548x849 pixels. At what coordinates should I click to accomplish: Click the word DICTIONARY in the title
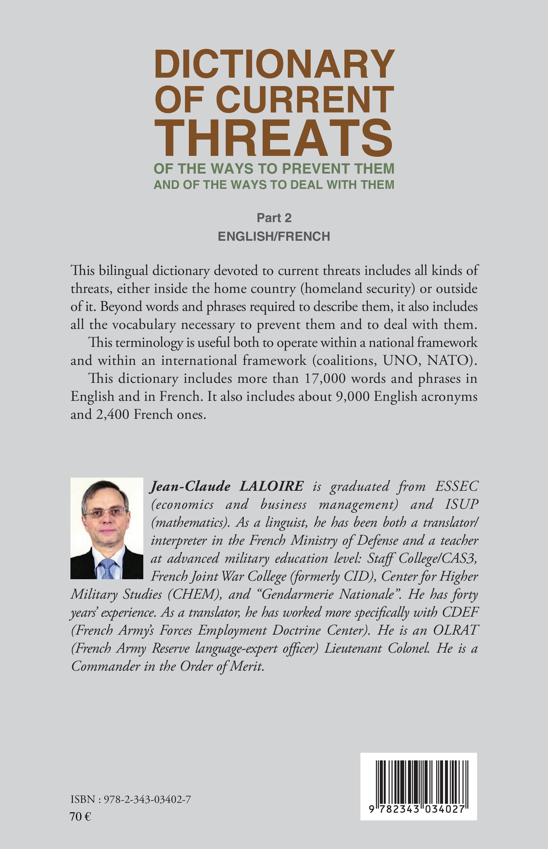pos(274,65)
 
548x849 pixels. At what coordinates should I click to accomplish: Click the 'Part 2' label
pos(274,218)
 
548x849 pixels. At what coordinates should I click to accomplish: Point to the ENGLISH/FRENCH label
pos(274,236)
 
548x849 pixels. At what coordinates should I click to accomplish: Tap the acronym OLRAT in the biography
pos(455,630)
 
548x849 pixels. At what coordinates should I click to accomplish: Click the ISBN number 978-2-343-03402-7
pos(147,800)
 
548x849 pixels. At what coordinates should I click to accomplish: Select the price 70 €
pos(80,817)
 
